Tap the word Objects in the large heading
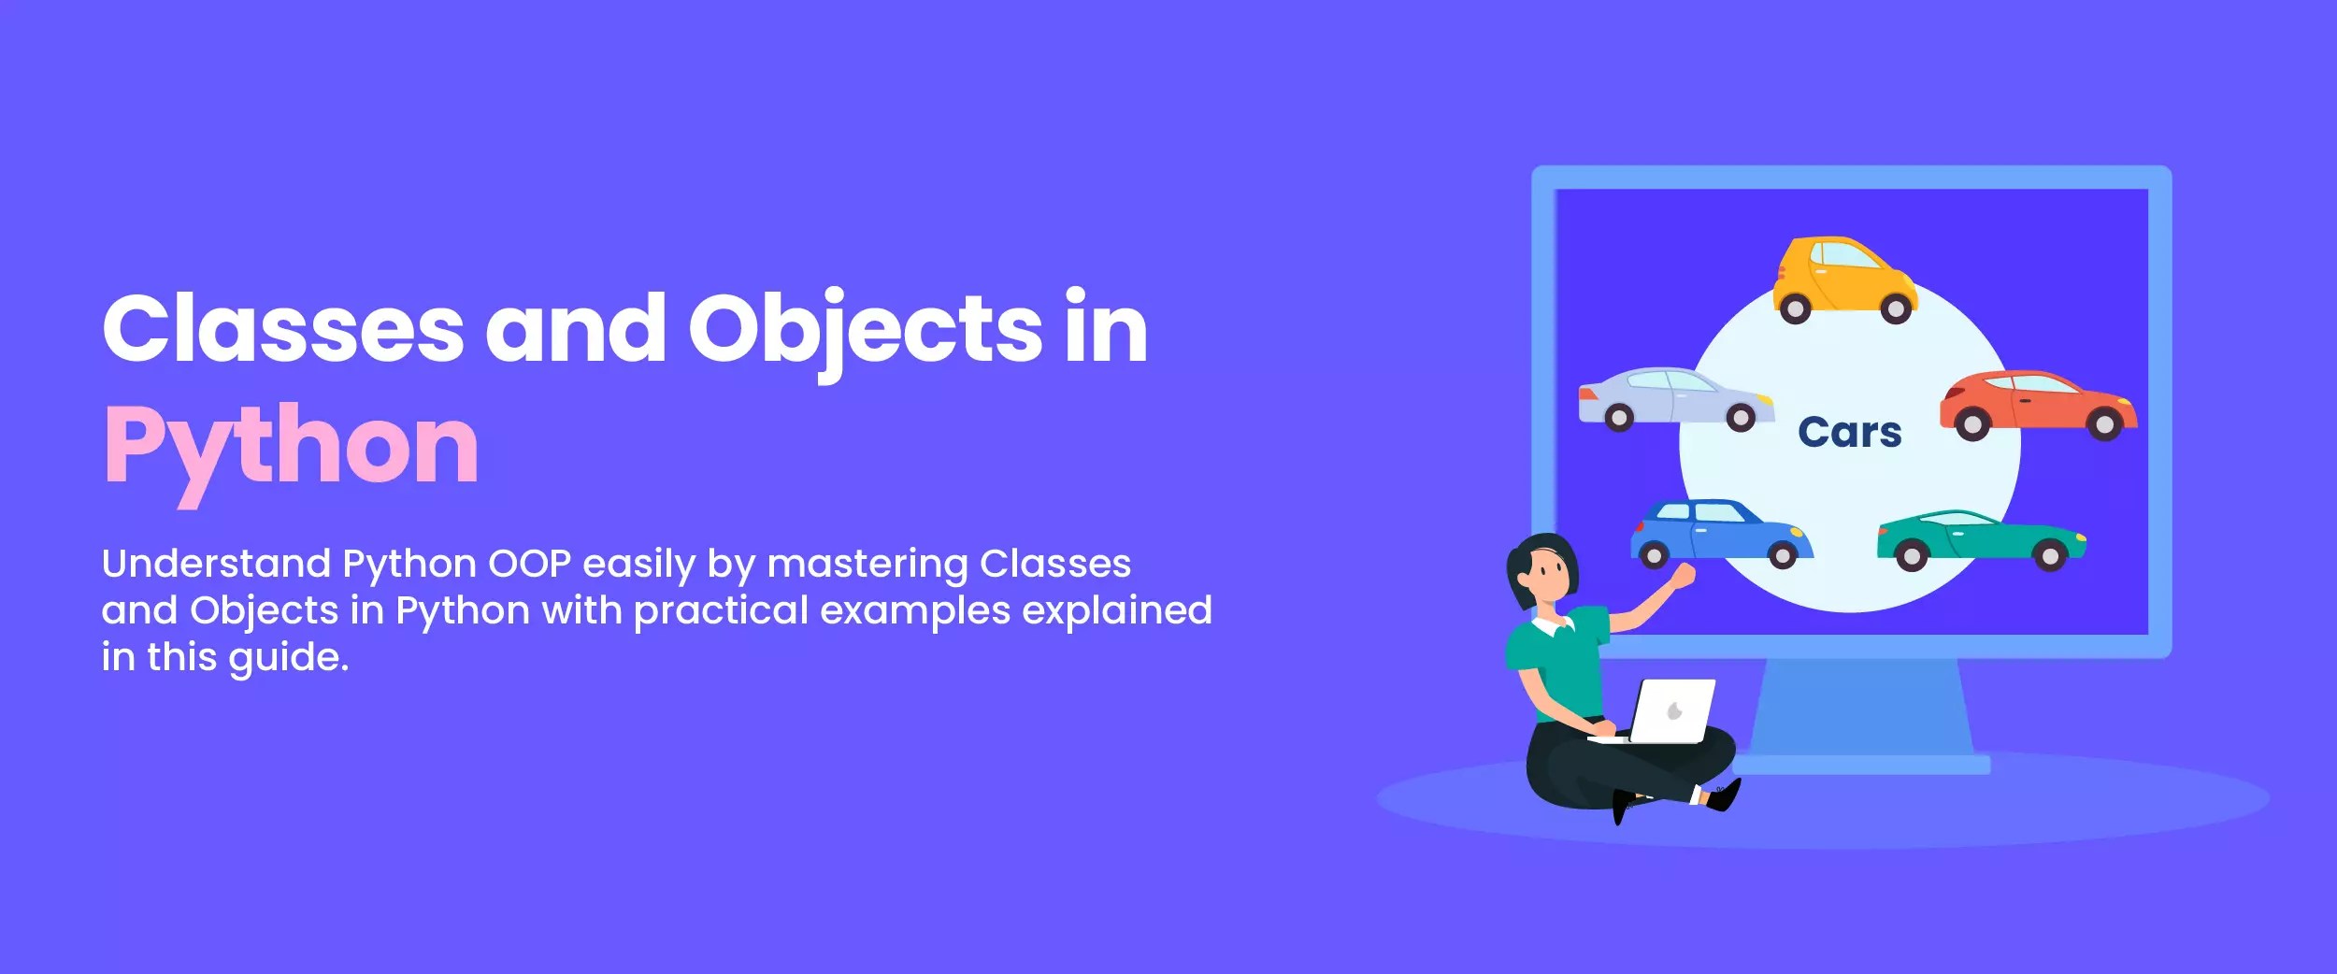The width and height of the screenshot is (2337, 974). pyautogui.click(x=865, y=329)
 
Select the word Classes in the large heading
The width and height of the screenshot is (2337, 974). pyautogui.click(x=282, y=329)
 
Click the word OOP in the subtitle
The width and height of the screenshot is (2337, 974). pyautogui.click(x=529, y=564)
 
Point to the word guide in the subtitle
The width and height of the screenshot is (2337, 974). pyautogui.click(x=287, y=658)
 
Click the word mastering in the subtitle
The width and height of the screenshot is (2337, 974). pyautogui.click(x=867, y=565)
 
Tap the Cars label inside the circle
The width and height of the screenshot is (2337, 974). pyautogui.click(x=1849, y=433)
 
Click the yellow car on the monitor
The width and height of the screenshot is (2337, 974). pyautogui.click(x=1843, y=279)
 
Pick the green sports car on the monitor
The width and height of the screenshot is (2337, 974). pyautogui.click(x=1980, y=538)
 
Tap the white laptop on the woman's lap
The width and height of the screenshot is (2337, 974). pyautogui.click(x=1672, y=711)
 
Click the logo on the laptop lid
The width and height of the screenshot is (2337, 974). pyautogui.click(x=1675, y=711)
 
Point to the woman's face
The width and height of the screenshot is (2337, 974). pyautogui.click(x=1549, y=571)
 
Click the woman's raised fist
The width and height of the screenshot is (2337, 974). pyautogui.click(x=1684, y=575)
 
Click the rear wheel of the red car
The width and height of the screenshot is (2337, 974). pyautogui.click(x=2103, y=425)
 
